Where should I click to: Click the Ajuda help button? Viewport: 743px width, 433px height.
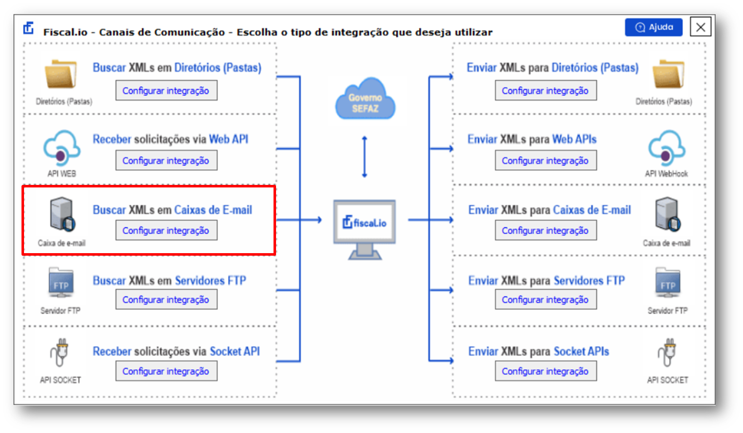tap(653, 27)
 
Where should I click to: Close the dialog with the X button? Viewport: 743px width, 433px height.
tap(700, 27)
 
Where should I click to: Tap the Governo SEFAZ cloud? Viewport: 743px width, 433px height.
tap(365, 99)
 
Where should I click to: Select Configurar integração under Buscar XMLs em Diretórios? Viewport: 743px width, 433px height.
tap(166, 91)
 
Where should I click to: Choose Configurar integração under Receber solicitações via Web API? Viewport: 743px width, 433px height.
tap(166, 160)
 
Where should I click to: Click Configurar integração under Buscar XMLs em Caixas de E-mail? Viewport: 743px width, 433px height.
tap(166, 230)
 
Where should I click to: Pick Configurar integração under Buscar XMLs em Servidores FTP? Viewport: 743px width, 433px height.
tap(166, 299)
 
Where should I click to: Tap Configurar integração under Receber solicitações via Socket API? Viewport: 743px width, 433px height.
tap(166, 371)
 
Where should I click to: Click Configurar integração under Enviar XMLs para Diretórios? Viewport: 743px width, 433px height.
tap(546, 91)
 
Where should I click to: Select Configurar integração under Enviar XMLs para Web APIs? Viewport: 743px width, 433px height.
tap(546, 160)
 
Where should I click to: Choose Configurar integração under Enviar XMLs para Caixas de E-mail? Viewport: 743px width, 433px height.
tap(546, 230)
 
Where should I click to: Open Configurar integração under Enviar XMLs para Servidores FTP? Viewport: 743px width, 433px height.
tap(546, 299)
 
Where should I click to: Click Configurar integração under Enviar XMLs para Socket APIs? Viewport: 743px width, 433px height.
tap(546, 371)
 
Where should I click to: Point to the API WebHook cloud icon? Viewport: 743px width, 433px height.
tap(667, 148)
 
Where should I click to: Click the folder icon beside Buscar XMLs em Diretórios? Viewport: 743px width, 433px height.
tap(61, 74)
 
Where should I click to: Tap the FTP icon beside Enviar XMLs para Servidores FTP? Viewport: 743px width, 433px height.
tap(668, 283)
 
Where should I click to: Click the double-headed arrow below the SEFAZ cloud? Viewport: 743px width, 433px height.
tap(365, 157)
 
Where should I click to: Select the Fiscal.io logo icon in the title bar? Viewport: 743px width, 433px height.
tap(29, 28)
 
